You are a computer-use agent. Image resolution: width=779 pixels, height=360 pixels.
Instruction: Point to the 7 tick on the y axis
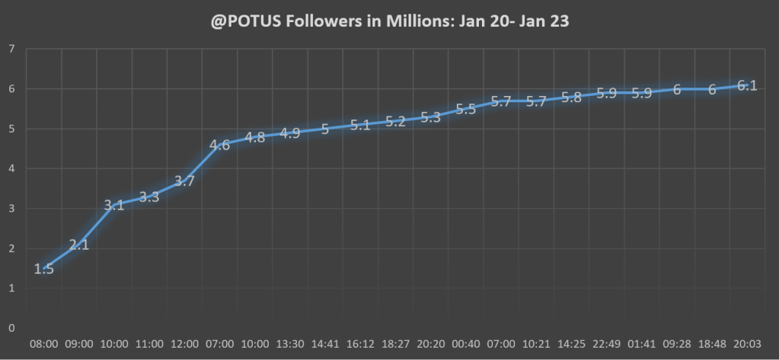(11, 49)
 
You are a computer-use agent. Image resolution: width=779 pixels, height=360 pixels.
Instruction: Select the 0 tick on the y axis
(11, 328)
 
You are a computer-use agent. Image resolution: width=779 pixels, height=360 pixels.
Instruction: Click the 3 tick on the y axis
(11, 209)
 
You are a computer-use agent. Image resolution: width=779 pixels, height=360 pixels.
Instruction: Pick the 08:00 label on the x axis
(44, 344)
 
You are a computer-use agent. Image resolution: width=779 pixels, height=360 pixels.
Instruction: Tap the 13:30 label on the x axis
(290, 344)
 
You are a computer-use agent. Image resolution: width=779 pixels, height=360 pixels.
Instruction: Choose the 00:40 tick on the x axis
(466, 344)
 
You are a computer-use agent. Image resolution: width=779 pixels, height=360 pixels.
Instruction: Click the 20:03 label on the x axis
(747, 344)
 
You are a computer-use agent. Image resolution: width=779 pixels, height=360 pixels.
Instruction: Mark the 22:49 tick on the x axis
(607, 344)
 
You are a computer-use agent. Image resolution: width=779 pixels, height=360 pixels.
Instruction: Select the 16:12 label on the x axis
(361, 344)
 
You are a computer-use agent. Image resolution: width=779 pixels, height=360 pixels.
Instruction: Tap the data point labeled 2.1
(79, 244)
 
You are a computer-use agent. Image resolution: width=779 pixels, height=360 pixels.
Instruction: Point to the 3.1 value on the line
(114, 205)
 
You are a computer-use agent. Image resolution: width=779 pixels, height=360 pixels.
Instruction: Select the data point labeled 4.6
(220, 145)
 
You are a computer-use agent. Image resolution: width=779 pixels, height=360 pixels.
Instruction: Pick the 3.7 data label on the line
(185, 180)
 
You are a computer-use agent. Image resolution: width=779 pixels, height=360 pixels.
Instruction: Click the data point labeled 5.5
(466, 109)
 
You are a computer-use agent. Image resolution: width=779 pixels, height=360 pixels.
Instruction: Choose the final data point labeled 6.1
(747, 85)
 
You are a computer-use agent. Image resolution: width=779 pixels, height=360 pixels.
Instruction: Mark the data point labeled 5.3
(431, 117)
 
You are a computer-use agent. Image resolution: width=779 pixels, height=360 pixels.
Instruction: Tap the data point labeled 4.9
(290, 133)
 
